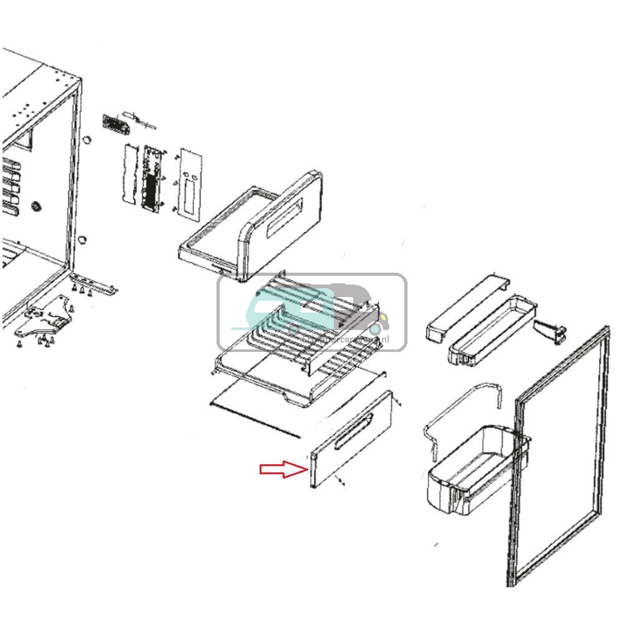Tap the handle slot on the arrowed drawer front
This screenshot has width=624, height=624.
point(354,431)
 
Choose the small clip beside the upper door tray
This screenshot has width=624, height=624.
point(552,330)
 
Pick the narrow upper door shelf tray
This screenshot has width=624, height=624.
point(493,331)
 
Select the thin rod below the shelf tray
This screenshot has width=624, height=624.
point(256,419)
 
